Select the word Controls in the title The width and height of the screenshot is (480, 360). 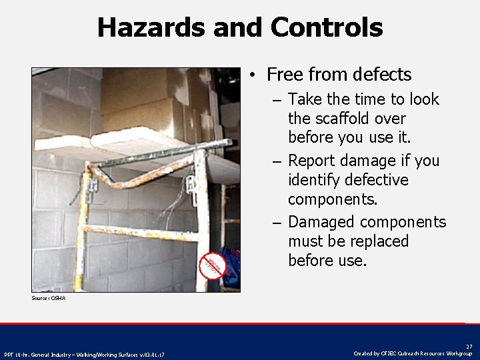coord(327,27)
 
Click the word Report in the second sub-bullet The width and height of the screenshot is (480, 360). coord(314,161)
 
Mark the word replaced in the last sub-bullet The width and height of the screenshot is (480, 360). coord(377,241)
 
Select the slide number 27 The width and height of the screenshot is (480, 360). coord(469,347)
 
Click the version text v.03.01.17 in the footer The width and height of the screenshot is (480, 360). coord(151,354)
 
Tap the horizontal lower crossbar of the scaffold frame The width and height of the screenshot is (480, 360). coord(140,233)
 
